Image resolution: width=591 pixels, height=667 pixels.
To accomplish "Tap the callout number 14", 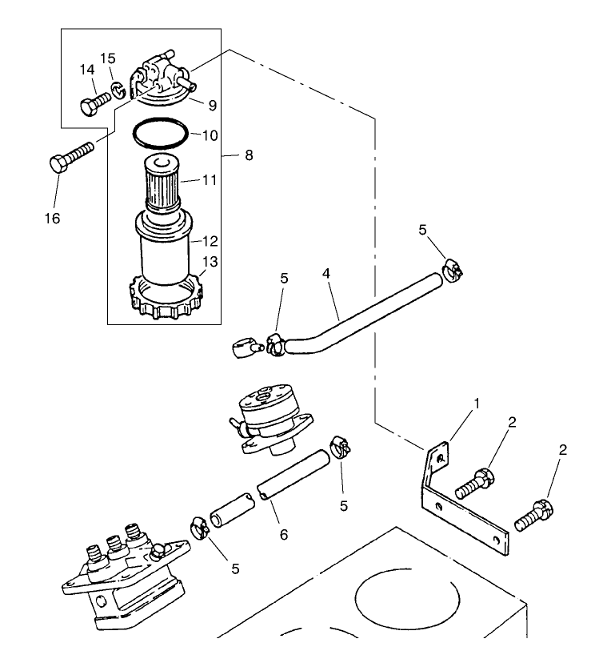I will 86,71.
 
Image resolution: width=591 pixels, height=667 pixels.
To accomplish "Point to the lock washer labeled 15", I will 117,88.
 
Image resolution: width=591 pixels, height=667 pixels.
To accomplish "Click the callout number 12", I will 210,240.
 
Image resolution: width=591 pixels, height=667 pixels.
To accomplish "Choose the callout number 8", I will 248,155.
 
